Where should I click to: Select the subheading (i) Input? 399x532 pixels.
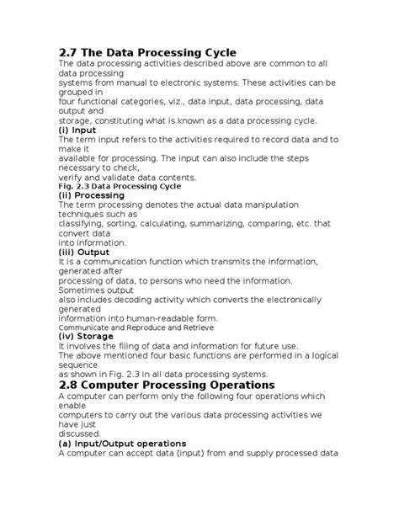(x=77, y=130)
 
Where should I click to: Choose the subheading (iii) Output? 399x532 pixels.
(x=85, y=252)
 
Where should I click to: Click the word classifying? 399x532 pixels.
(x=84, y=224)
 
